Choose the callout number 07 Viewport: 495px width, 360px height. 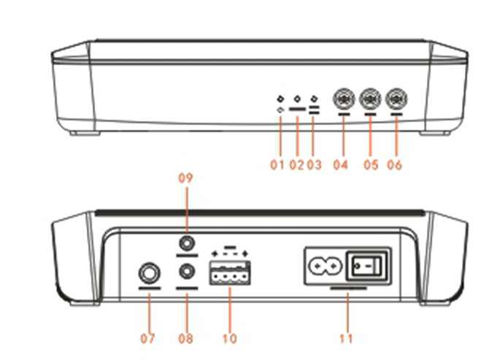tap(149, 339)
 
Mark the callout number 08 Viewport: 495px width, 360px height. tap(187, 339)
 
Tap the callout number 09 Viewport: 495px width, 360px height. tap(187, 177)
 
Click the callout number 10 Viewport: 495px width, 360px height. tap(230, 339)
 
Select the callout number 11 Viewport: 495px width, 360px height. tap(348, 339)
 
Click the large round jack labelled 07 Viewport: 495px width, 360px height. tap(150, 275)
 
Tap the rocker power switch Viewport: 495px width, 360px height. tap(367, 266)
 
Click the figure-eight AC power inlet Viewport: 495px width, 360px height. tap(323, 267)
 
